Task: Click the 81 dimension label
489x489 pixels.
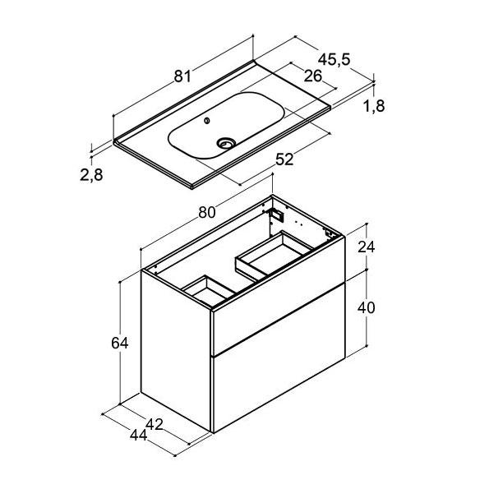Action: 182,76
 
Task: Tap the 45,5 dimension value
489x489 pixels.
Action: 334,59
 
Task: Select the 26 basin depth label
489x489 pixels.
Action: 313,76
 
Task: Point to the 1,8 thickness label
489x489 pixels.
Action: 374,106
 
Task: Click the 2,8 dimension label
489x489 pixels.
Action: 91,174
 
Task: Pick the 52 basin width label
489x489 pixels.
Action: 284,159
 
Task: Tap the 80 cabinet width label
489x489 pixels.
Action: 207,212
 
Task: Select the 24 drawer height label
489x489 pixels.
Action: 366,247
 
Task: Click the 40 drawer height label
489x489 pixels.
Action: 366,308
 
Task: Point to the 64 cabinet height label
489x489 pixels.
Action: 120,344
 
